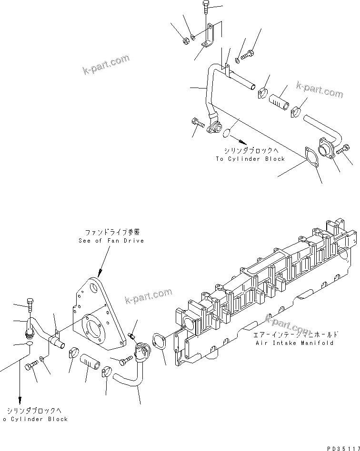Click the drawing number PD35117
(x=342, y=448)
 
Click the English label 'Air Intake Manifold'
(x=294, y=343)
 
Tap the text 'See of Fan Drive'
(x=111, y=241)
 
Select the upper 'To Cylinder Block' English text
(x=250, y=159)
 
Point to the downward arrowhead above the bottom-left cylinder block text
(x=20, y=400)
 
